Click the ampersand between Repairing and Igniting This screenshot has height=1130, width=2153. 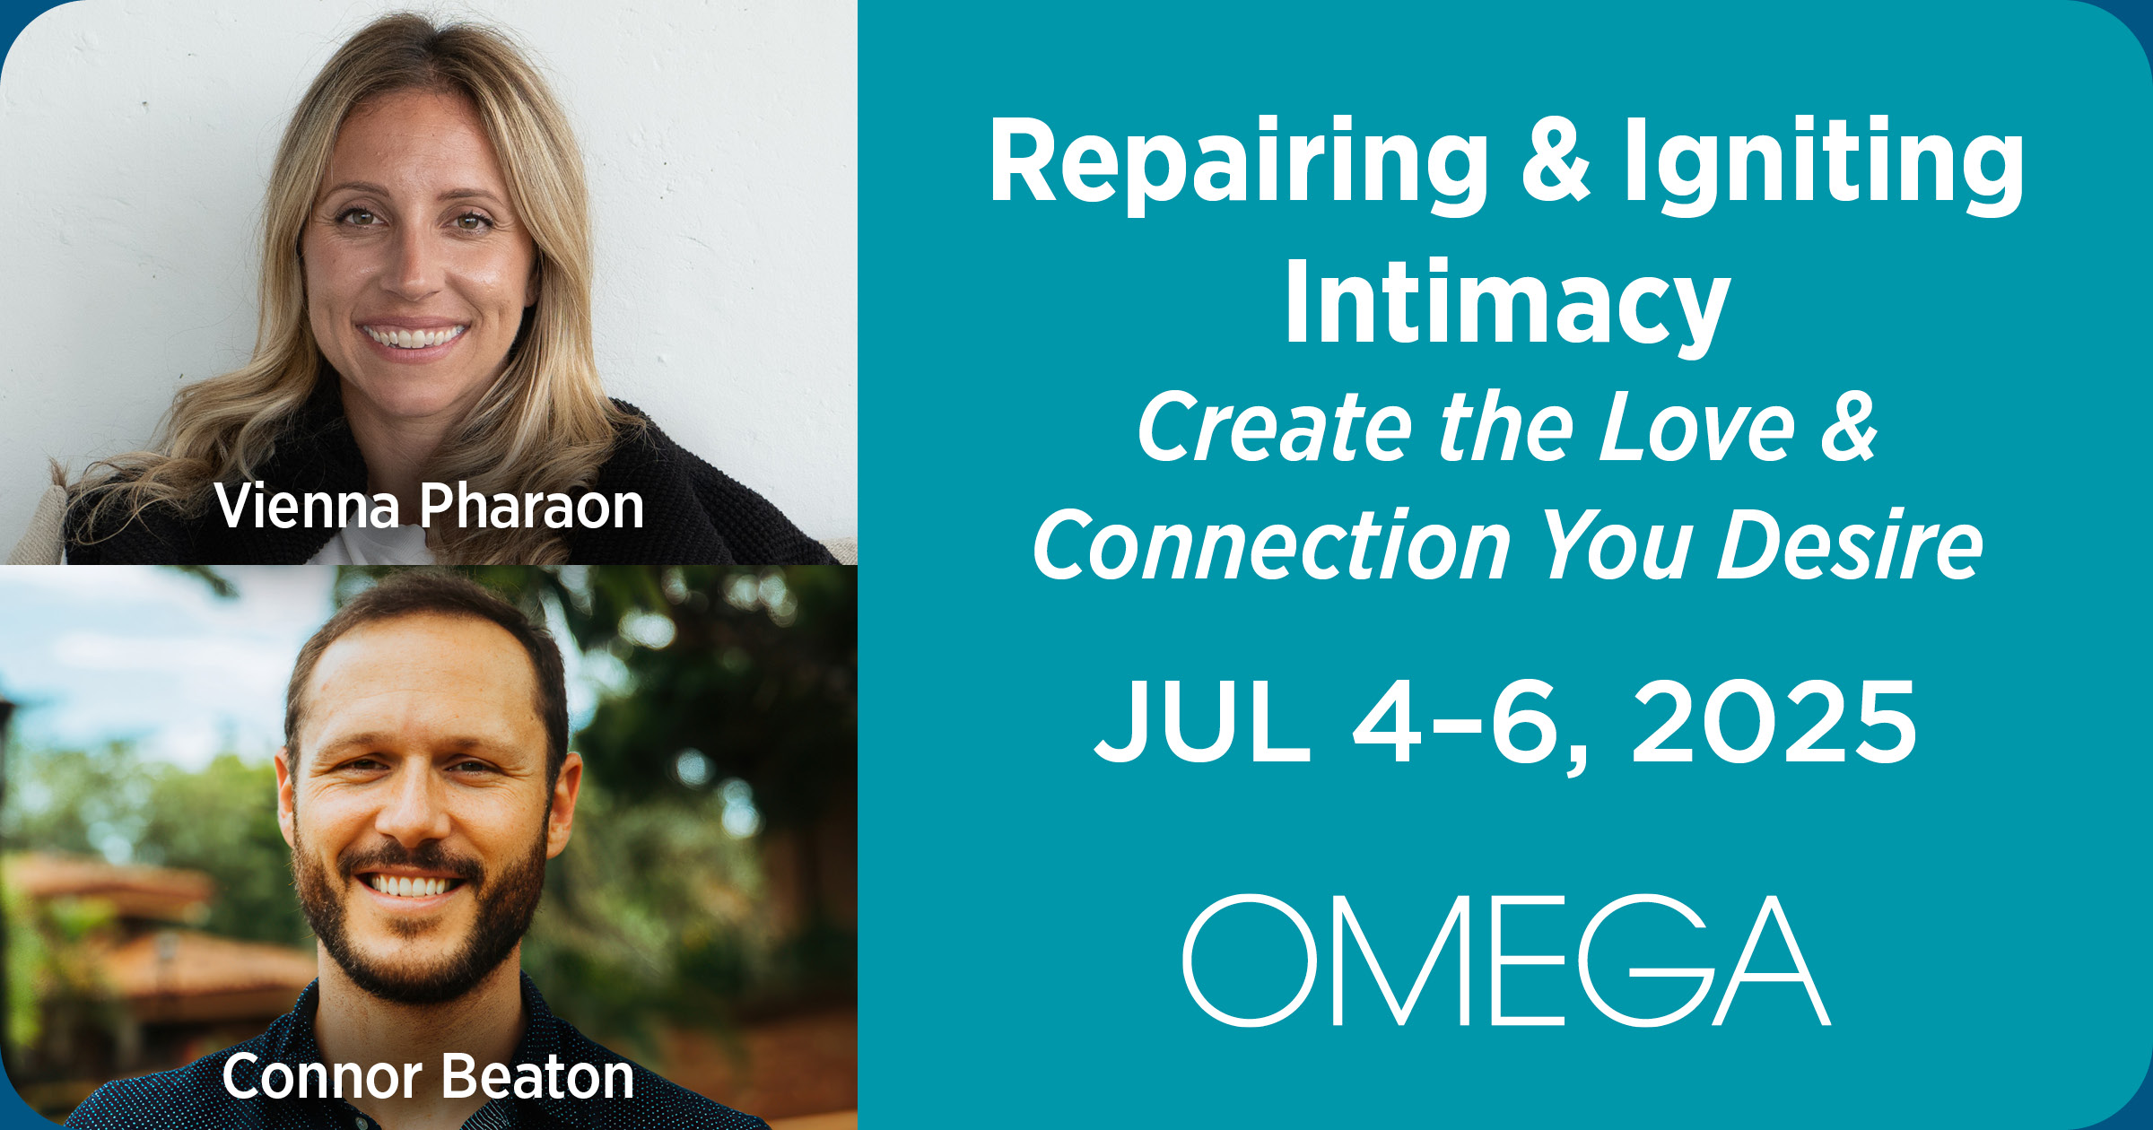1556,161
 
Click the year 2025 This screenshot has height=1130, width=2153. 1774,721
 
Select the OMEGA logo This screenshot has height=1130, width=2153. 1506,960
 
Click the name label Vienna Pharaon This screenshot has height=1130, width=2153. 430,507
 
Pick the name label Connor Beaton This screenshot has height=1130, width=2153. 428,1076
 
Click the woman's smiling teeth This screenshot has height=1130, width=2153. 413,337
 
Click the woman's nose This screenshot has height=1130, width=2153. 414,269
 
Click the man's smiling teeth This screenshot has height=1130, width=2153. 410,886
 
